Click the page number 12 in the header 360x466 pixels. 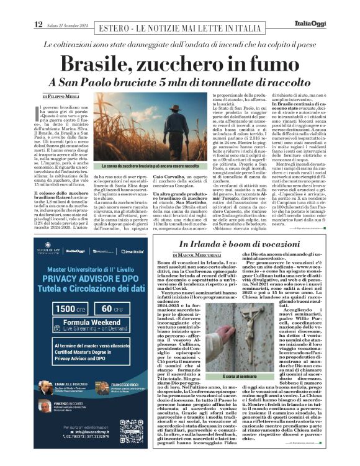point(38,24)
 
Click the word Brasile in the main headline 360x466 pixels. point(106,64)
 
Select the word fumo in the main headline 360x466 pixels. point(273,64)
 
